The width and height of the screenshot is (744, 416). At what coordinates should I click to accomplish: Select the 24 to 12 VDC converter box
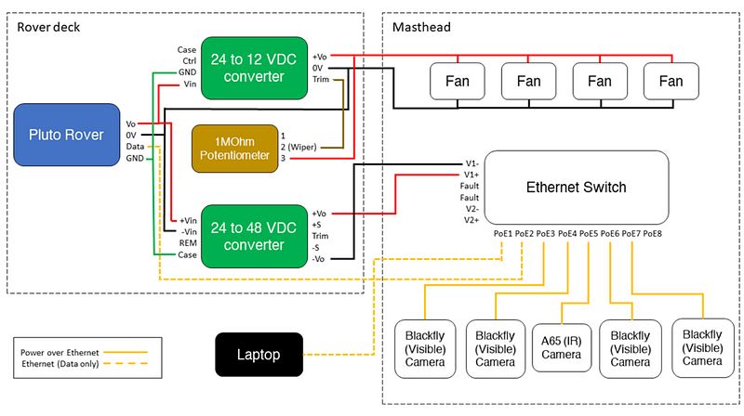[246, 67]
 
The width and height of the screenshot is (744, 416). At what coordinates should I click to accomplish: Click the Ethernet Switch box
[577, 187]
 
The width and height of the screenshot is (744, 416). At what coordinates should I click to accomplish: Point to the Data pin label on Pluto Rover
[136, 147]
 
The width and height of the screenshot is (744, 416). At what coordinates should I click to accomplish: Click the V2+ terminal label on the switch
[473, 221]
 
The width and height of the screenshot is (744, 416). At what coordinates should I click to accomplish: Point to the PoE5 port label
[589, 233]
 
